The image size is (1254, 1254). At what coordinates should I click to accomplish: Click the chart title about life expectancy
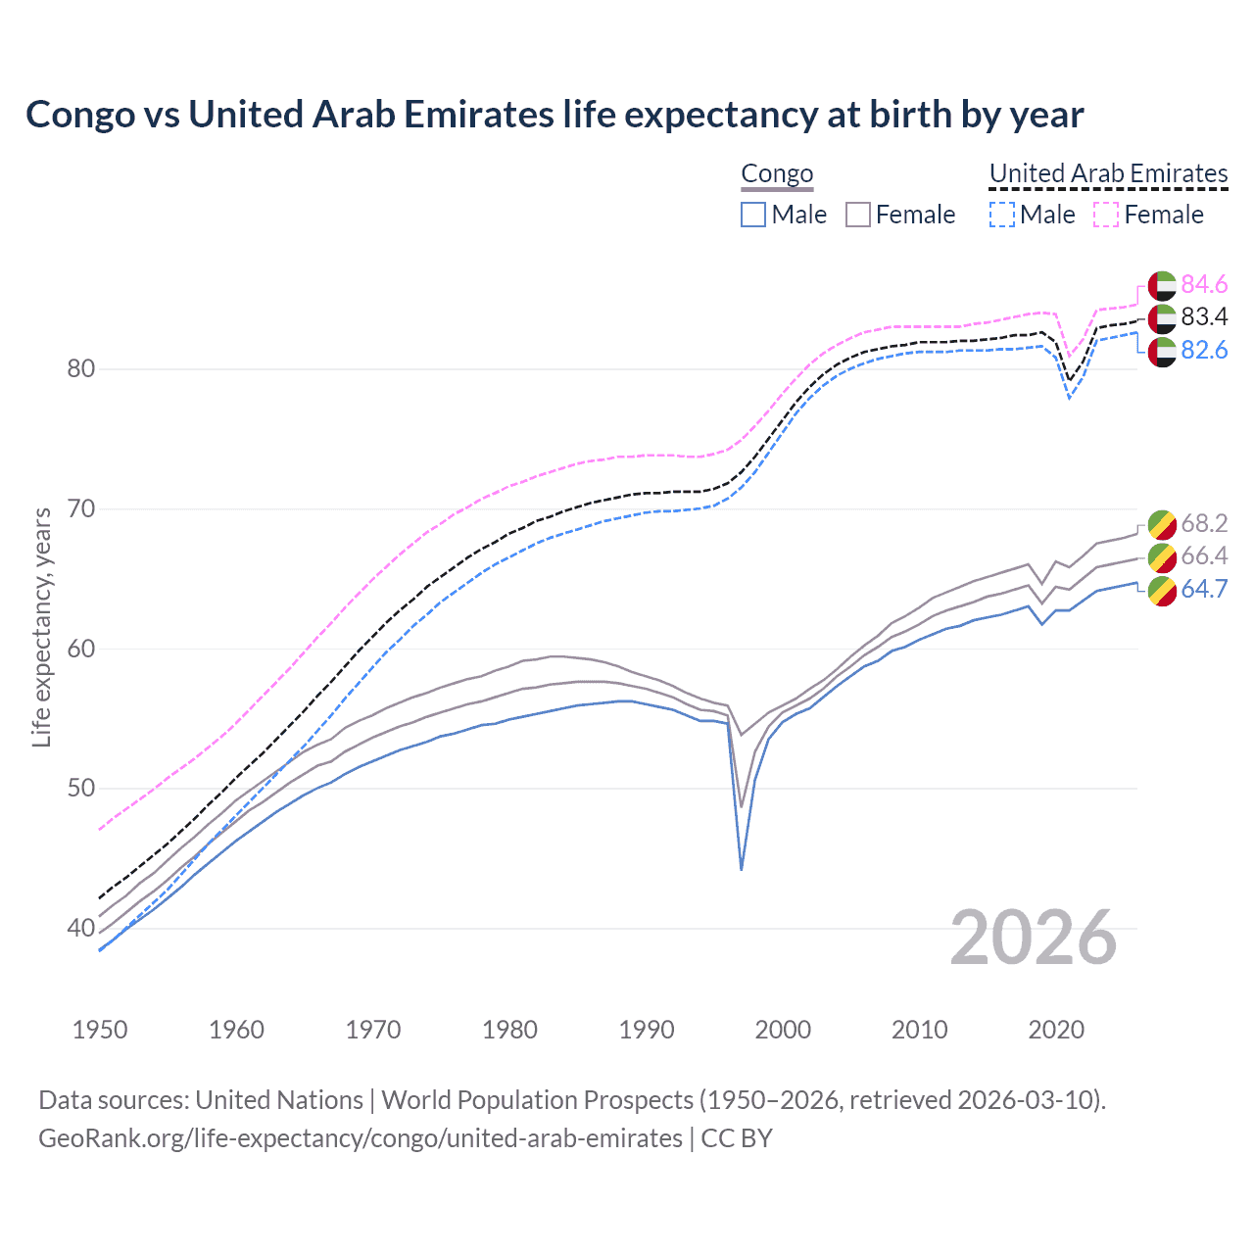pos(555,115)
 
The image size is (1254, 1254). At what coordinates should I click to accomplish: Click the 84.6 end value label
pos(1204,284)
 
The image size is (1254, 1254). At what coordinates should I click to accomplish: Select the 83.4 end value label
pos(1204,316)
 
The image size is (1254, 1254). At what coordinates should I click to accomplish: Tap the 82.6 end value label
pos(1204,350)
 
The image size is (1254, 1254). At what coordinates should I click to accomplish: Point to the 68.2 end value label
pos(1204,523)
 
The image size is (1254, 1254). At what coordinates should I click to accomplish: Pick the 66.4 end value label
pos(1204,555)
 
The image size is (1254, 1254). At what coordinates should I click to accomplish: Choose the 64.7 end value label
pos(1204,589)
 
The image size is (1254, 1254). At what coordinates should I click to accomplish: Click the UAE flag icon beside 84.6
pos(1162,285)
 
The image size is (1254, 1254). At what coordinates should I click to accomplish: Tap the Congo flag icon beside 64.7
pos(1162,591)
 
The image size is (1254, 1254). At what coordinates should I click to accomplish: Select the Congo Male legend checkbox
pos(752,215)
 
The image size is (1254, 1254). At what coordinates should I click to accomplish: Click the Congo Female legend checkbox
pos(858,215)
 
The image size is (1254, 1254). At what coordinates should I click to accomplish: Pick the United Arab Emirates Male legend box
pos(1001,215)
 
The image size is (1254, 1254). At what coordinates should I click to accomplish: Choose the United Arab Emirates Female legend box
pos(1106,215)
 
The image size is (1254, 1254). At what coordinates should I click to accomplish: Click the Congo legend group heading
pos(777,173)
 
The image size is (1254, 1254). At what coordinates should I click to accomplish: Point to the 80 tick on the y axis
pos(81,369)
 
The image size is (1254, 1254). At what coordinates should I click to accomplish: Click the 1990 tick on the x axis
pos(647,1030)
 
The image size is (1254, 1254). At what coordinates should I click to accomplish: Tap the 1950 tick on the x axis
pos(100,1030)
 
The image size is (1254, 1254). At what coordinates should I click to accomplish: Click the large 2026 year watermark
pos(1033,938)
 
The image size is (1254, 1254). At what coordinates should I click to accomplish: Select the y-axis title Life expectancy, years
pos(41,627)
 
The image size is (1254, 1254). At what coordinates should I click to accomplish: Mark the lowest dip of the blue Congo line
pos(742,869)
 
